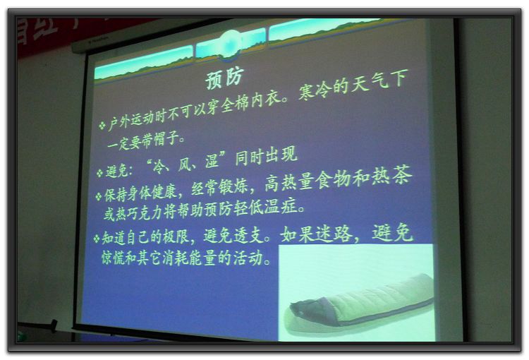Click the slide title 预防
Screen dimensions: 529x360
[x=224, y=78]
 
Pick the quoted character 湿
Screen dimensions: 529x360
[x=212, y=161]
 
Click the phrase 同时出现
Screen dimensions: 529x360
[x=266, y=156]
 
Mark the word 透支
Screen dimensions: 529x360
[x=248, y=235]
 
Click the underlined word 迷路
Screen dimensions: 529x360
[x=334, y=234]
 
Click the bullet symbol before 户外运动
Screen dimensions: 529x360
[x=102, y=125]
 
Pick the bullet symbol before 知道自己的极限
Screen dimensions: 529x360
[x=97, y=239]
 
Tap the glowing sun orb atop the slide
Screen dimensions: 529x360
[x=231, y=44]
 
